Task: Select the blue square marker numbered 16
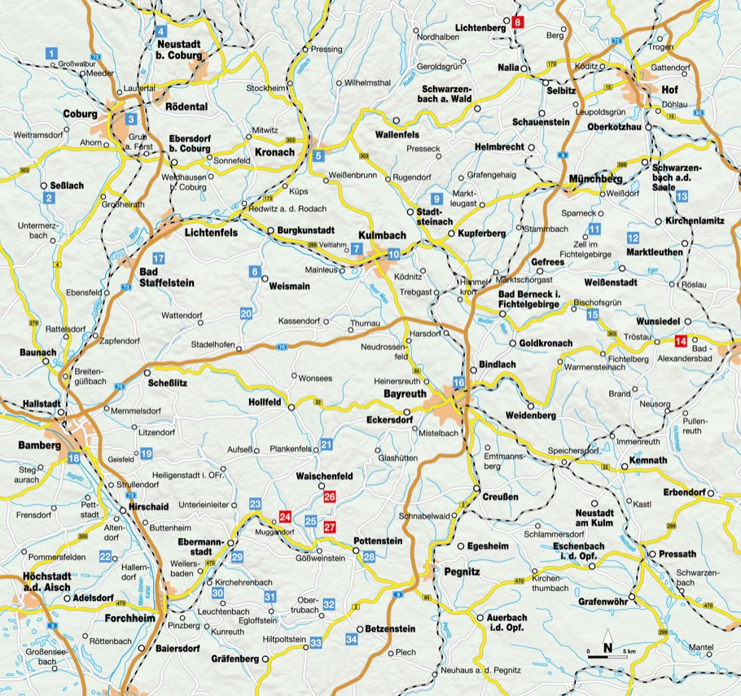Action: [x=458, y=383]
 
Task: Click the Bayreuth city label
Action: [x=405, y=393]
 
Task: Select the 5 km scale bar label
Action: [x=629, y=653]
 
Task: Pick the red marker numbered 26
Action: [x=329, y=496]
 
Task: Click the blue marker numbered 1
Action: [x=52, y=54]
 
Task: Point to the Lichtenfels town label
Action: [x=211, y=233]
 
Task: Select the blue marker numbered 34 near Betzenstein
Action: [x=352, y=640]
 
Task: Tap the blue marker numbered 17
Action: [x=159, y=259]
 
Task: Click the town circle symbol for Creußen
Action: [x=476, y=488]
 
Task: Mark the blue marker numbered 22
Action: [x=105, y=556]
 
